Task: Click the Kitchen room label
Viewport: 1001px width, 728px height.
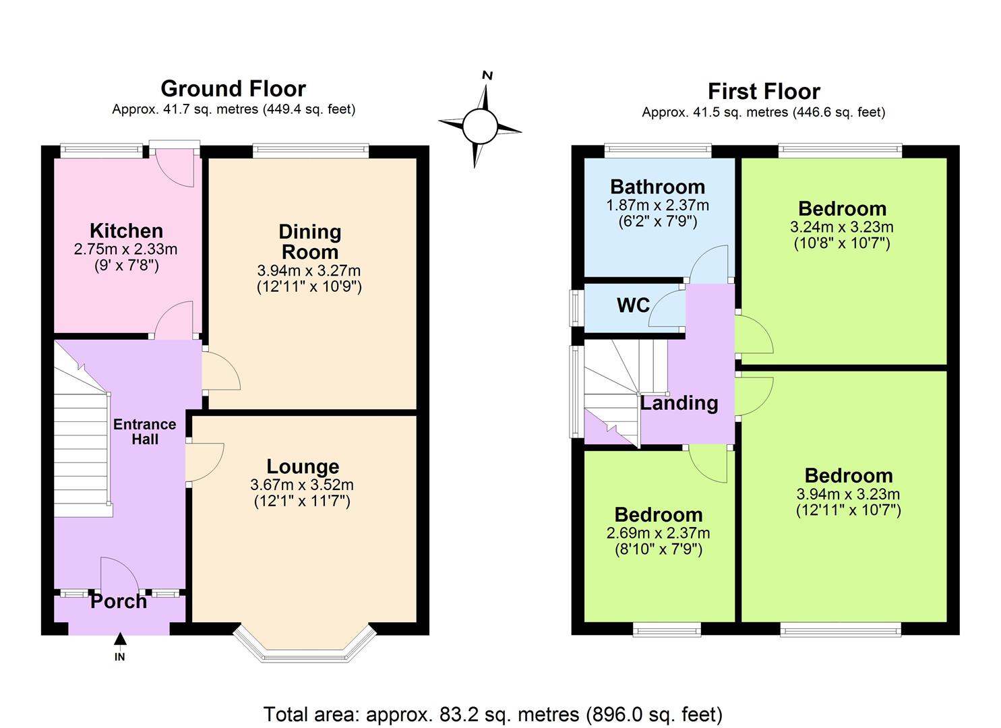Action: (127, 231)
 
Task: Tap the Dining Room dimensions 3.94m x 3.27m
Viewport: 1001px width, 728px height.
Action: (309, 270)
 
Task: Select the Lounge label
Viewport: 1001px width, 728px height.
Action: (303, 466)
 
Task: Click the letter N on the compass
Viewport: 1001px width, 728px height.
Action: (487, 75)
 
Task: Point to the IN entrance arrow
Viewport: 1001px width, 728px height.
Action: (120, 639)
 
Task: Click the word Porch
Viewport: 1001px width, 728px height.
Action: (119, 601)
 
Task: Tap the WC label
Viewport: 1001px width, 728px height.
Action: (633, 305)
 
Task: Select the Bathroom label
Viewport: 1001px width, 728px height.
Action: (658, 187)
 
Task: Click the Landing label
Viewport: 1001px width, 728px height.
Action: (679, 403)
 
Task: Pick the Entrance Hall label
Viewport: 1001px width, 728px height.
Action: (145, 431)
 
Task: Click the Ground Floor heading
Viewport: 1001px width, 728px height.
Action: (233, 88)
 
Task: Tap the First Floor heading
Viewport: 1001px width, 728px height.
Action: (764, 92)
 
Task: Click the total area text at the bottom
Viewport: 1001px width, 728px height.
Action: (493, 714)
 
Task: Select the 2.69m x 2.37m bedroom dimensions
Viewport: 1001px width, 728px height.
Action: (659, 533)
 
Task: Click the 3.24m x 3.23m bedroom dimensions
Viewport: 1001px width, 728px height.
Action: (842, 227)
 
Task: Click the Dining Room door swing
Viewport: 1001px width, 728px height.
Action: (221, 371)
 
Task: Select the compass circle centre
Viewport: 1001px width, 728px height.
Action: (480, 126)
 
